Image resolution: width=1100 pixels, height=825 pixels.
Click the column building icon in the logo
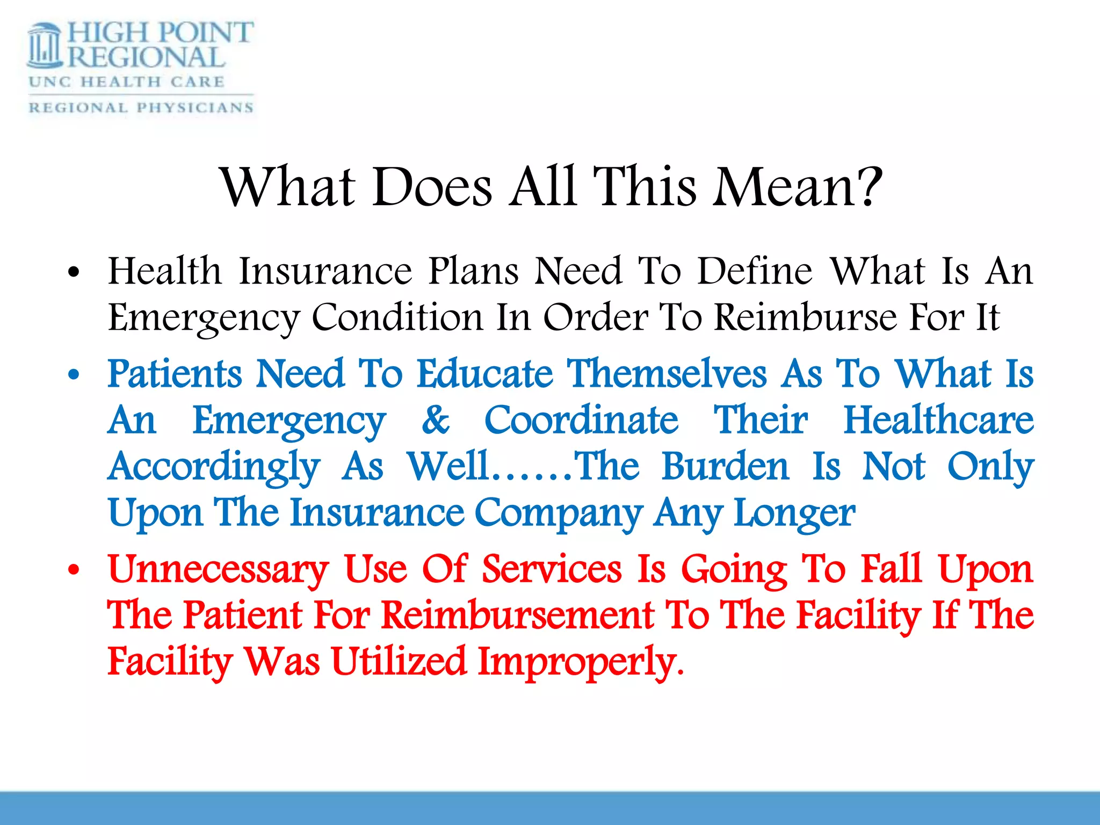[46, 46]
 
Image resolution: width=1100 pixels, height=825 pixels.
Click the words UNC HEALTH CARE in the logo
[127, 82]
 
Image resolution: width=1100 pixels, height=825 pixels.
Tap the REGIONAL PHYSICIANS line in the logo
[141, 107]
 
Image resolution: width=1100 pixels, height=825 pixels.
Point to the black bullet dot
[74, 272]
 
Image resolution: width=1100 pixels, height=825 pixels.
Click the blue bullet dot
[74, 374]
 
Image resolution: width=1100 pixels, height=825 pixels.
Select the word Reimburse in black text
[806, 317]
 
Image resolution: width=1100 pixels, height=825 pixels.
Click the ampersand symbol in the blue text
[435, 419]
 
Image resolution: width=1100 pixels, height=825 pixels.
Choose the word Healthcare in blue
[938, 419]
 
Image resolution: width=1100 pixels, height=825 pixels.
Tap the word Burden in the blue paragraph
[725, 466]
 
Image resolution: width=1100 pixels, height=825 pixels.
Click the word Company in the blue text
[559, 513]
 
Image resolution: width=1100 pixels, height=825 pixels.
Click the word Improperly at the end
[580, 662]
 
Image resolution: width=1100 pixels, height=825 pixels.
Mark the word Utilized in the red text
[399, 661]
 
